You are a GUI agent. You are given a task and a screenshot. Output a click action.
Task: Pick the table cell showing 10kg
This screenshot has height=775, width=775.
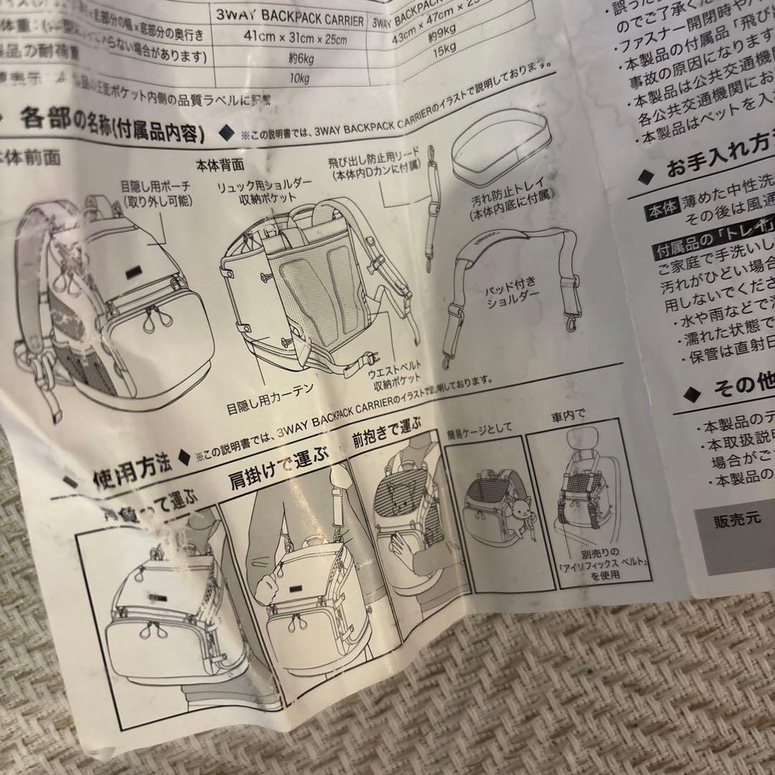coord(293,77)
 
